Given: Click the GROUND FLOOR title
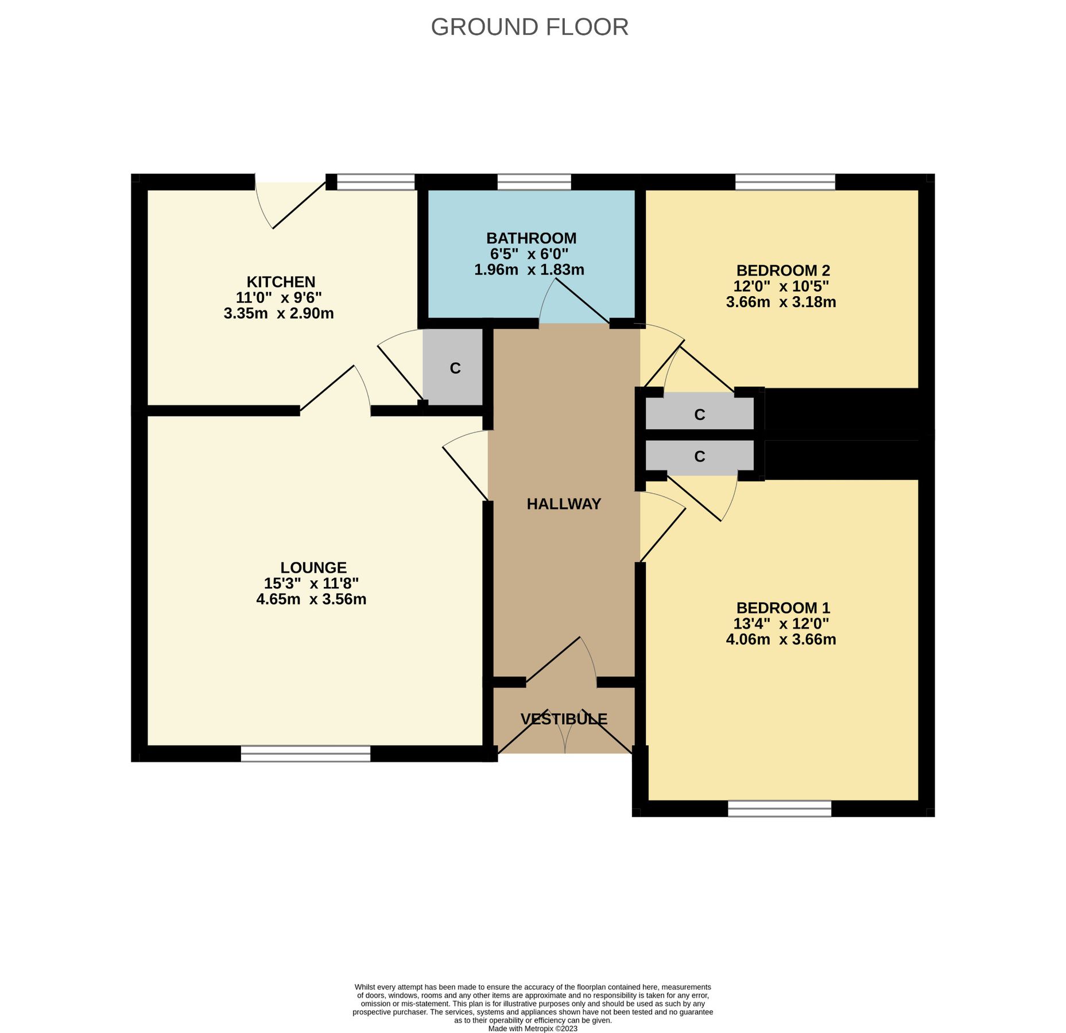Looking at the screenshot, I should pyautogui.click(x=529, y=27).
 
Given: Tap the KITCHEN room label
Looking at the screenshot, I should pyautogui.click(x=281, y=282).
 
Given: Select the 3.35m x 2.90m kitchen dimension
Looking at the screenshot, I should pyautogui.click(x=278, y=313).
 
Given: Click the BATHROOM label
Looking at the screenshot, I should pyautogui.click(x=531, y=238).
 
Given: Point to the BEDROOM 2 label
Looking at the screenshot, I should pyautogui.click(x=783, y=270).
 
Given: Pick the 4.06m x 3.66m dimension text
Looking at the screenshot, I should pyautogui.click(x=781, y=639).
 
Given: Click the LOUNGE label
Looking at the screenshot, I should pyautogui.click(x=313, y=568).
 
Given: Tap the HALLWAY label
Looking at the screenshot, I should pyautogui.click(x=564, y=504).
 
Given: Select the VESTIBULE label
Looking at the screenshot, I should pyautogui.click(x=564, y=719).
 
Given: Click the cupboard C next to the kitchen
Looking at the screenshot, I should pyautogui.click(x=455, y=368).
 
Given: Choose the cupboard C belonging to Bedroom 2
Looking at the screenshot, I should pyautogui.click(x=699, y=414).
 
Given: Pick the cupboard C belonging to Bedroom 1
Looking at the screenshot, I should pyautogui.click(x=699, y=456).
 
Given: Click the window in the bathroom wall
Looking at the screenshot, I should pyautogui.click(x=534, y=182).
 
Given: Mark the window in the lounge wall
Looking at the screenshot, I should pyautogui.click(x=305, y=754).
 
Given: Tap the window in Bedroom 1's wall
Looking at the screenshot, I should pyautogui.click(x=779, y=809).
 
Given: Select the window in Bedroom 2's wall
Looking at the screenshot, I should pyautogui.click(x=785, y=182).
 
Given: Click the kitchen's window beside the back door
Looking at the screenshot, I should pyautogui.click(x=375, y=182).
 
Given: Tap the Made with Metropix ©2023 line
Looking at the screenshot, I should pyautogui.click(x=532, y=1028).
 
